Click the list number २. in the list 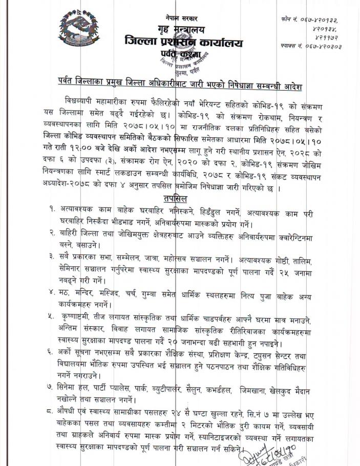pyautogui.click(x=53, y=233)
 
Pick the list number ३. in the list pyautogui.click(x=53, y=256)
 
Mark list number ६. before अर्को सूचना pyautogui.click(x=53, y=354)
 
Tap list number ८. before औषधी pyautogui.click(x=53, y=410)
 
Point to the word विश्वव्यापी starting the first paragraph pyautogui.click(x=83, y=98)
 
